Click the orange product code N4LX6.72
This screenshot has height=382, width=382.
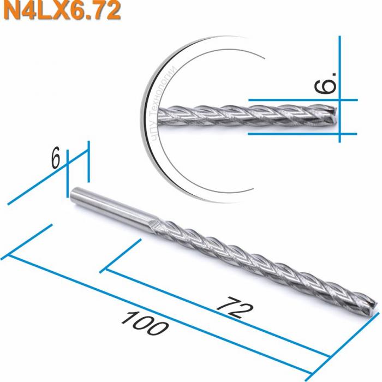point(61,11)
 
